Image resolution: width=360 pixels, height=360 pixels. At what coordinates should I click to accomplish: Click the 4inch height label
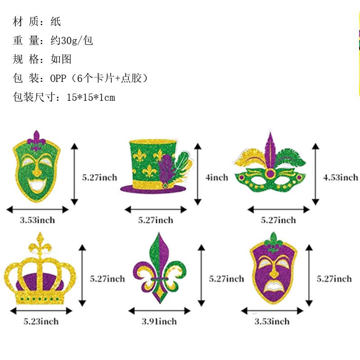pyautogui.click(x=217, y=177)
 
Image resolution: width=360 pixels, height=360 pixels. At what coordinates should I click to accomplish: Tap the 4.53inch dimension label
pyautogui.click(x=341, y=177)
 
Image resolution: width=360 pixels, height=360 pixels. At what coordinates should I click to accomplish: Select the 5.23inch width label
pyautogui.click(x=41, y=321)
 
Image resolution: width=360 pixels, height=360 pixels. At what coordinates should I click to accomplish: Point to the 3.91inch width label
pyautogui.click(x=159, y=321)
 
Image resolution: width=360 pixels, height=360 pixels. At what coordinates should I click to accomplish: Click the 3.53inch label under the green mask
pyautogui.click(x=37, y=220)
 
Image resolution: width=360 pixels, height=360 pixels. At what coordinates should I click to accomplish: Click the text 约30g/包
pyautogui.click(x=72, y=40)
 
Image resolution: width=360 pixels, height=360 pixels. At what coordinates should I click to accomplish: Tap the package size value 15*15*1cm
pyautogui.click(x=90, y=97)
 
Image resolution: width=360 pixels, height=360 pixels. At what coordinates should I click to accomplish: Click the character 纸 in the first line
pyautogui.click(x=56, y=22)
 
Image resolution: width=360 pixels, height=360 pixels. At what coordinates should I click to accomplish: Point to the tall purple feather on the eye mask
pyautogui.click(x=271, y=148)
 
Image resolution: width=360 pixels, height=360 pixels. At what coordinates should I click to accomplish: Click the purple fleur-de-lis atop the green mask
pyautogui.click(x=37, y=140)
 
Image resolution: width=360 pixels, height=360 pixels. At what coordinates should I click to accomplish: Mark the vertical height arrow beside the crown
pyautogui.click(x=82, y=275)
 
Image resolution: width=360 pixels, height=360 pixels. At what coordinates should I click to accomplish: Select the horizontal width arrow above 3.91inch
pyautogui.click(x=159, y=311)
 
